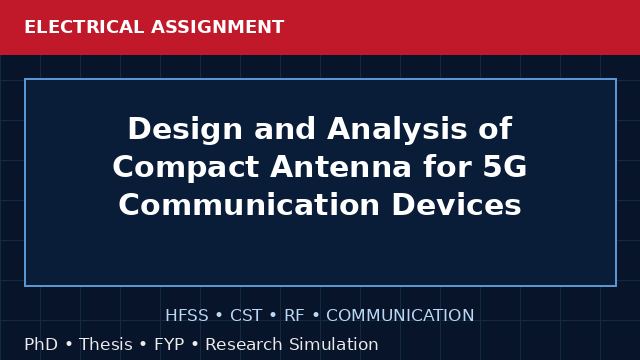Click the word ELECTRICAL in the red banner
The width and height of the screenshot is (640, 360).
[84, 27]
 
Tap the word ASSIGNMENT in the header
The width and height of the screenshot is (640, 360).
[217, 27]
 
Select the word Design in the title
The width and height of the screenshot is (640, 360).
[185, 130]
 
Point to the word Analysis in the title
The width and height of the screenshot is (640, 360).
[397, 130]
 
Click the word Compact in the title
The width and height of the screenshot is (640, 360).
[186, 167]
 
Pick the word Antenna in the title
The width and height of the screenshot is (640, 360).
[340, 167]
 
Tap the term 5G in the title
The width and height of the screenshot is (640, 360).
[504, 167]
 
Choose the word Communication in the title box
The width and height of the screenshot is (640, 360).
[249, 204]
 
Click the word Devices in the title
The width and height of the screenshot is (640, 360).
[456, 204]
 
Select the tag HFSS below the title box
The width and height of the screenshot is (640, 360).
[187, 316]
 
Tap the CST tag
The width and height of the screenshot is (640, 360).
[246, 316]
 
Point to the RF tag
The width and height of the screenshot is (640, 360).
[294, 316]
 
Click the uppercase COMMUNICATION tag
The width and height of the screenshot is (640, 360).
[400, 316]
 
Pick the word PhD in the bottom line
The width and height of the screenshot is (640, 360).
[41, 344]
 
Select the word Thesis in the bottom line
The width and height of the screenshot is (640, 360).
[106, 344]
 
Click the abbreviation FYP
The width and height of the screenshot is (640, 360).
[169, 344]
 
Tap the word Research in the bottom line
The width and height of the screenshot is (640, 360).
[244, 344]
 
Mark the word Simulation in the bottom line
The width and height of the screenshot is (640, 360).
[334, 344]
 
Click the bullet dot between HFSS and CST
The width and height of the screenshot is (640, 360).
[219, 316]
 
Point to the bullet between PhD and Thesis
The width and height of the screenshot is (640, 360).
[69, 344]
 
